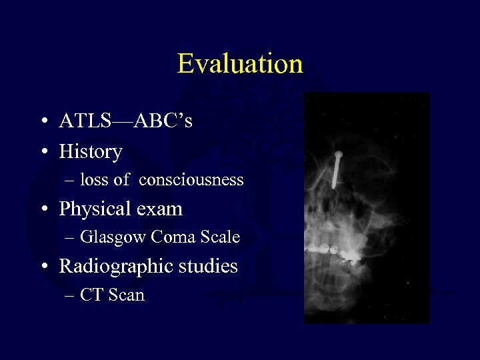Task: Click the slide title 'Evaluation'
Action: point(240,64)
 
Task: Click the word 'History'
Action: point(91,152)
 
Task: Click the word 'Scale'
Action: point(219,237)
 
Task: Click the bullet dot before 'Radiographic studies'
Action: point(43,267)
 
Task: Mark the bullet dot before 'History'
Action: point(43,153)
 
